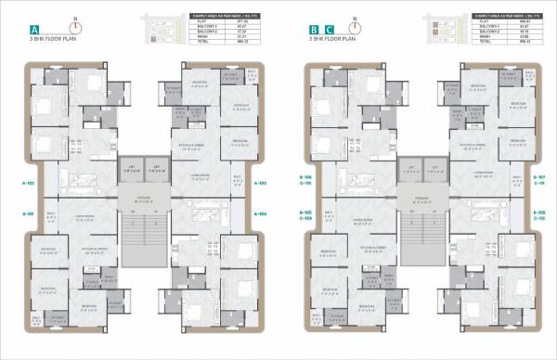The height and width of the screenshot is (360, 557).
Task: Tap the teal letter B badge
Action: pos(315,31)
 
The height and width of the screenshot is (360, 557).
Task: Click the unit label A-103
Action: pos(261,182)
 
